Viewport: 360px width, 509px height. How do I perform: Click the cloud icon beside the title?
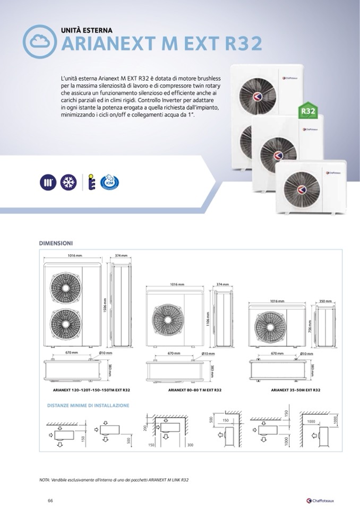pyautogui.click(x=40, y=40)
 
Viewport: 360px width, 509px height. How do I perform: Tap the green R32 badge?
pyautogui.click(x=305, y=112)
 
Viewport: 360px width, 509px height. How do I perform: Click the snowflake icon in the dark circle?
pyautogui.click(x=68, y=182)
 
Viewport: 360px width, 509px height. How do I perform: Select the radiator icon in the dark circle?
pyautogui.click(x=48, y=182)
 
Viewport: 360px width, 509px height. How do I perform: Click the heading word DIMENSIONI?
pyautogui.click(x=56, y=243)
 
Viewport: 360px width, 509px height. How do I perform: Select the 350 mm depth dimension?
pyautogui.click(x=325, y=301)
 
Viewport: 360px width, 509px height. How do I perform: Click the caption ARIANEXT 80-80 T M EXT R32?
pyautogui.click(x=194, y=390)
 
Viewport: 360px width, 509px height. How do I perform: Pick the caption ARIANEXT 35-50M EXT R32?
pyautogui.click(x=295, y=390)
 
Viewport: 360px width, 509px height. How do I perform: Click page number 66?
pyautogui.click(x=50, y=501)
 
